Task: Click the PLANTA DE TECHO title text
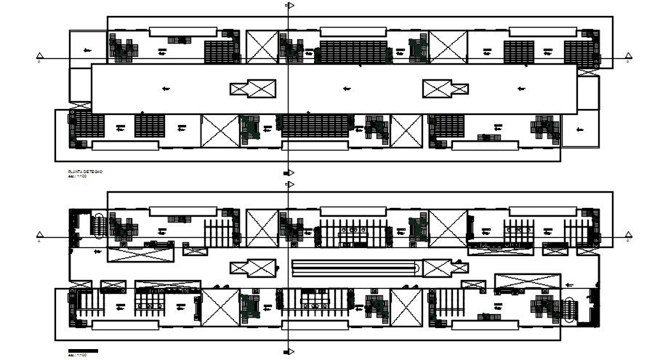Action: [85, 171]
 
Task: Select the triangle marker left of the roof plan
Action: [41, 58]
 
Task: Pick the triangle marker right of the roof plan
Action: [629, 58]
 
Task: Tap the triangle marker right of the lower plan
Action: [629, 237]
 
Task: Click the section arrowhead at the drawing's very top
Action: [290, 6]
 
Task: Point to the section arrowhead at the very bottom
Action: [290, 353]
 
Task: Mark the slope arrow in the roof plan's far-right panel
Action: [579, 130]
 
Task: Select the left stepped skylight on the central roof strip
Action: [253, 89]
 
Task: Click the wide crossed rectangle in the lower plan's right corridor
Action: [528, 281]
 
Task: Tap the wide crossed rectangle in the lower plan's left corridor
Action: [141, 255]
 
